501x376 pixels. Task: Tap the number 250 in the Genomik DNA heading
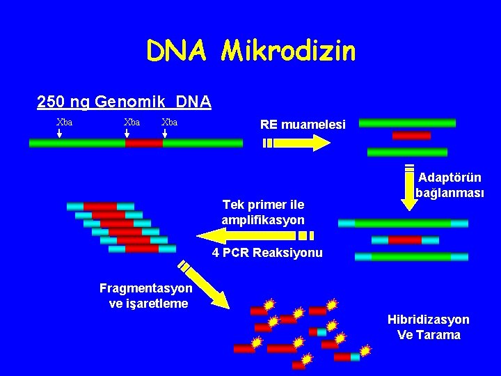click(x=49, y=102)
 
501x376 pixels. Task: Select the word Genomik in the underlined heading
click(x=126, y=102)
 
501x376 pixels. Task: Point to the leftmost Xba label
click(x=65, y=122)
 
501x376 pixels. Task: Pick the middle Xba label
click(x=132, y=122)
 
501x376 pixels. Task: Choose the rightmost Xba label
click(x=169, y=122)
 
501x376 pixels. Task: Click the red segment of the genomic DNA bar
click(x=144, y=143)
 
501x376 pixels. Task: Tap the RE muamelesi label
click(x=302, y=125)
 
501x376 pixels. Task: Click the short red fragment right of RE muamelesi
click(x=411, y=136)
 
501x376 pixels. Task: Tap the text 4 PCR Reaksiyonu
click(x=267, y=253)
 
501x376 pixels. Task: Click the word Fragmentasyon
click(x=146, y=288)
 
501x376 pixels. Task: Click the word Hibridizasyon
click(x=428, y=320)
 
